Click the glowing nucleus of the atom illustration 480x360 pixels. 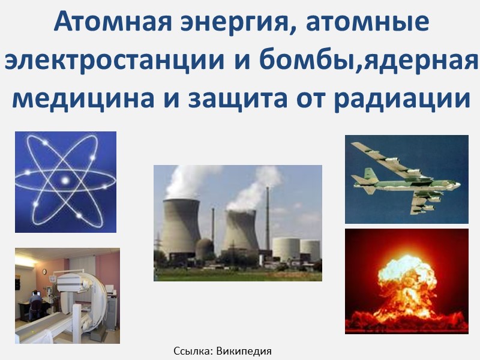64,181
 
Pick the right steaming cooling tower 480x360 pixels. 241,232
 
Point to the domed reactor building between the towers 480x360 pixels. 205,247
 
